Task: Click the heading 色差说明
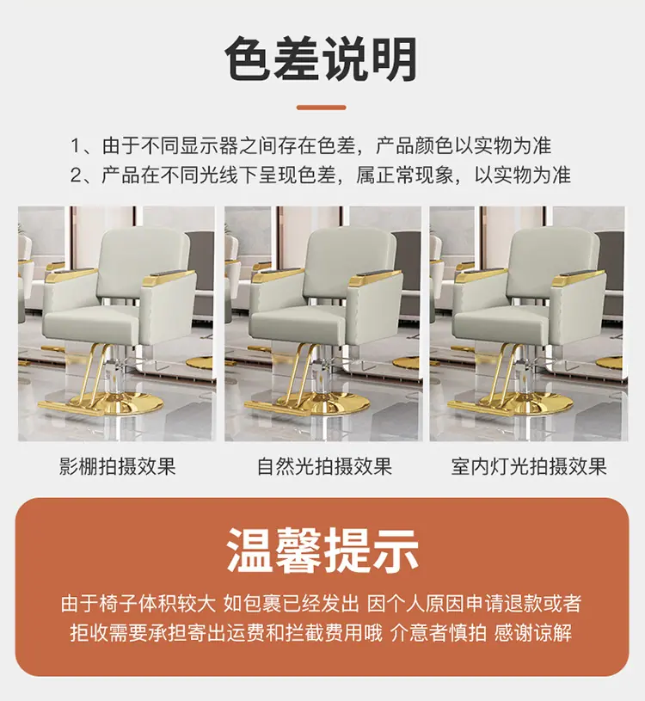pyautogui.click(x=321, y=59)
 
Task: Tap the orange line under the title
pyautogui.click(x=321, y=108)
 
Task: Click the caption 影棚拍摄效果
pyautogui.click(x=118, y=466)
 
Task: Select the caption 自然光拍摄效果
pyautogui.click(x=324, y=466)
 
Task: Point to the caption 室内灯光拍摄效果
pyautogui.click(x=529, y=466)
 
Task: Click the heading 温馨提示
pyautogui.click(x=322, y=550)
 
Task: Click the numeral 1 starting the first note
pyautogui.click(x=75, y=146)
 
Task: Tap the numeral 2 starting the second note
pyautogui.click(x=76, y=175)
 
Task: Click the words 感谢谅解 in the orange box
pyautogui.click(x=533, y=632)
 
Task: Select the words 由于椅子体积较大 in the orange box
pyautogui.click(x=138, y=604)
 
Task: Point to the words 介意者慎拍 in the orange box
pyautogui.click(x=439, y=632)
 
